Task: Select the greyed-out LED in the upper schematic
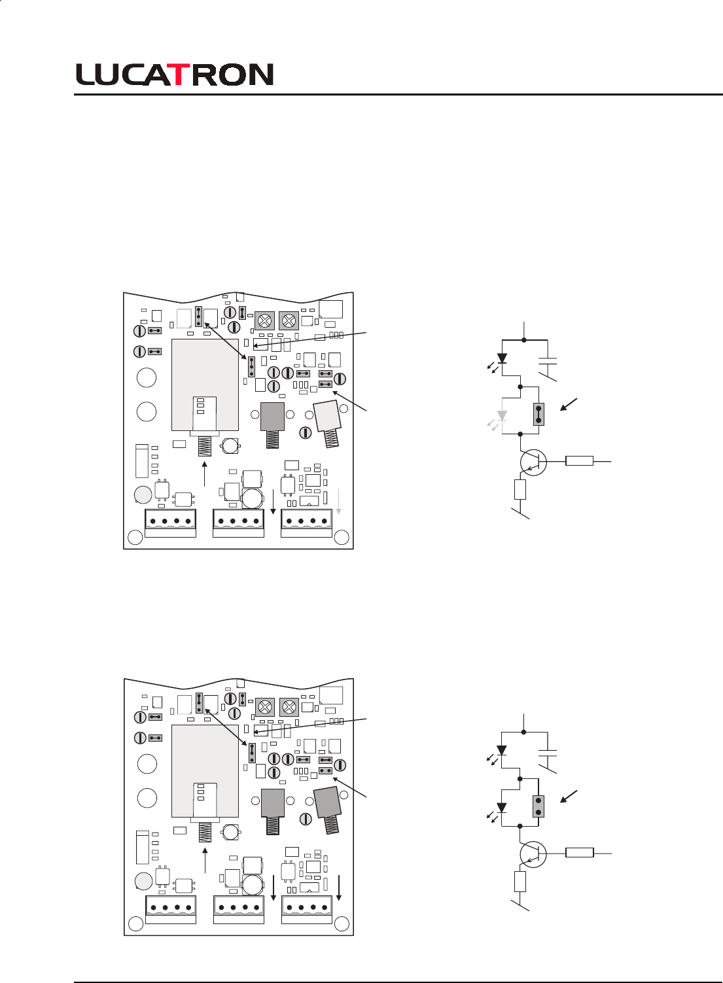(502, 416)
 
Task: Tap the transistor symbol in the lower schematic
(533, 854)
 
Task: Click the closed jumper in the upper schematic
(538, 414)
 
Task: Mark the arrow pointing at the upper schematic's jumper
(568, 405)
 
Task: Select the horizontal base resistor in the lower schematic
(579, 852)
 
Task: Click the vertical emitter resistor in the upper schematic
(520, 489)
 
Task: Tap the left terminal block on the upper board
(170, 521)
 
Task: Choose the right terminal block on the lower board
(307, 907)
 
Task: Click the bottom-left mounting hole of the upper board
(135, 538)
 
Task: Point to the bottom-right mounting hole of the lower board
(342, 923)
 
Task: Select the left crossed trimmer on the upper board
(264, 320)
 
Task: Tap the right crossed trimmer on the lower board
(289, 707)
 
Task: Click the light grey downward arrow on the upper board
(339, 502)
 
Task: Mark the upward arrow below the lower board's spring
(205, 859)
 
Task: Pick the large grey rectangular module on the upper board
(205, 385)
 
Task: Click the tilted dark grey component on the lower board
(326, 802)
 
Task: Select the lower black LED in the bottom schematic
(502, 808)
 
